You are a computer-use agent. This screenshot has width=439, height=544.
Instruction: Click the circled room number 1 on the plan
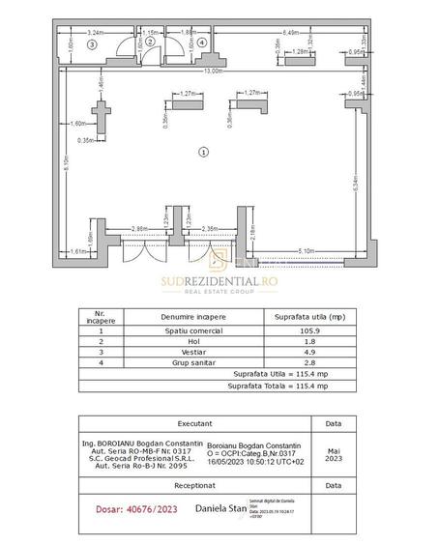click(x=202, y=151)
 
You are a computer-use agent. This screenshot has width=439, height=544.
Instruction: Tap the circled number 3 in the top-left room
click(x=93, y=44)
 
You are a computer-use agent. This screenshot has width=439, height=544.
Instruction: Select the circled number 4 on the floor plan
click(x=201, y=43)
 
